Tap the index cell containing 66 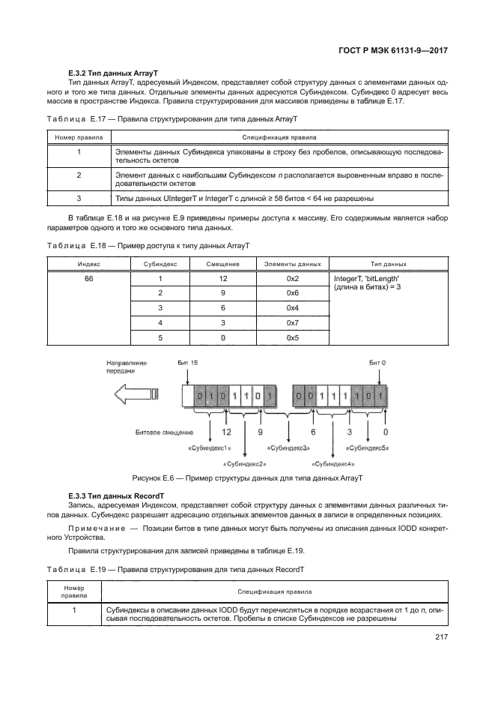[x=88, y=278]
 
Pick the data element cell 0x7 [x=292, y=322]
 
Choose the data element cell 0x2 [x=292, y=278]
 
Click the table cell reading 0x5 [x=292, y=337]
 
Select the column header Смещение [x=222, y=264]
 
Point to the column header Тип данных [x=389, y=264]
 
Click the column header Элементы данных [x=292, y=264]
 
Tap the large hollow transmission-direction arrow [x=133, y=394]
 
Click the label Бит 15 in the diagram [x=187, y=363]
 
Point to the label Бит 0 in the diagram [x=377, y=363]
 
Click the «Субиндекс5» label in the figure [x=366, y=448]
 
